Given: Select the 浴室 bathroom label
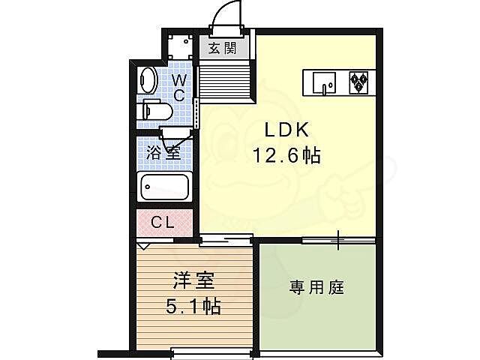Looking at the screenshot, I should pos(163,151).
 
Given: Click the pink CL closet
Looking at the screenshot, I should pos(164,223).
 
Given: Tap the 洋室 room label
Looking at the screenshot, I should pos(194,282).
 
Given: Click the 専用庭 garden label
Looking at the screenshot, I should pos(317,286).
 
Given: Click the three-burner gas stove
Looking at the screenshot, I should pos(358,81).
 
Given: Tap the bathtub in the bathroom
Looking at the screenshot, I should pos(165,185).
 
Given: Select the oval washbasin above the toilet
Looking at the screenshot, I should pos(148,80).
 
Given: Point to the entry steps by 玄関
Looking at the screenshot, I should pos(223,79).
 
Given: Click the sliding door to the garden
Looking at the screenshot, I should pos(337,240).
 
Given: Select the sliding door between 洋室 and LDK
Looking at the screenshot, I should pos(225,240).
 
